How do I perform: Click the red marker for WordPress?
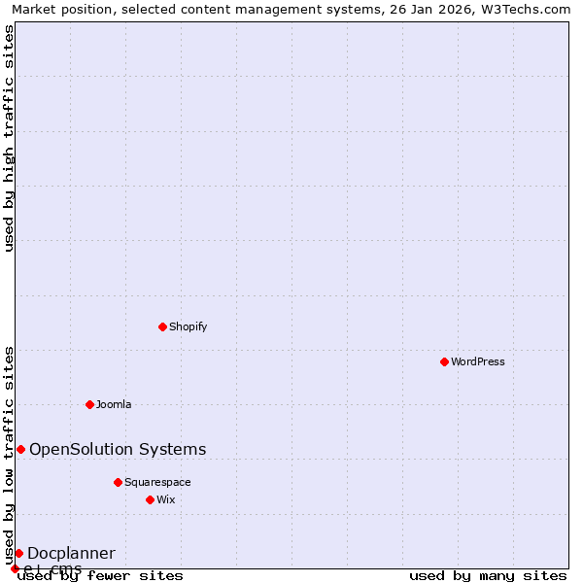pos(444,361)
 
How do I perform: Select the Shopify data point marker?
pos(162,326)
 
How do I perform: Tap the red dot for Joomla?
pos(89,404)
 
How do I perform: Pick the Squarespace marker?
pos(118,482)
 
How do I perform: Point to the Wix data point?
pos(150,499)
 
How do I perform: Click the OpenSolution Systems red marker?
pos(20,449)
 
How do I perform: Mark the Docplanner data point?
pos(18,553)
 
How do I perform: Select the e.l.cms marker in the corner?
pos(15,568)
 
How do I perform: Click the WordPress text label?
pos(478,361)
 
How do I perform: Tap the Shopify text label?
pos(188,326)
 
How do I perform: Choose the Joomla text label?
pos(114,404)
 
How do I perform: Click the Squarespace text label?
pos(157,482)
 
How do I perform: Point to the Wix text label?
pos(166,499)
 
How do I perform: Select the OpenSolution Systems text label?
pos(118,449)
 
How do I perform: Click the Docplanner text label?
pos(71,553)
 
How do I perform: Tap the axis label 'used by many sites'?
pos(488,575)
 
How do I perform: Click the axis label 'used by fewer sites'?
pos(101,575)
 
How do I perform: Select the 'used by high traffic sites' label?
pos(9,138)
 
